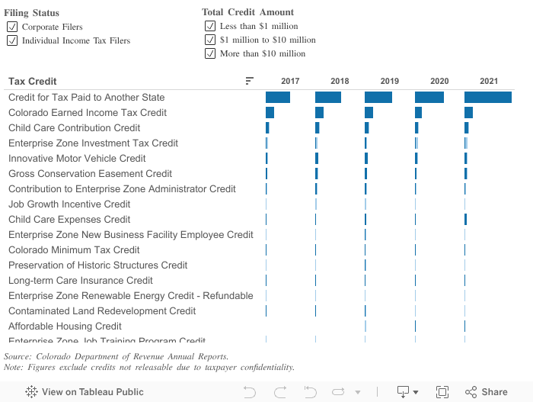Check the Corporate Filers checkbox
(x=12, y=27)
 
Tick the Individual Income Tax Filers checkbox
(x=12, y=40)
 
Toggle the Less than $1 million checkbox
(x=210, y=26)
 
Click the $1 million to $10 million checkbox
(x=210, y=40)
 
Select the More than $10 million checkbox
(x=210, y=53)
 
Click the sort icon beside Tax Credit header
(x=250, y=81)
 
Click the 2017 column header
(x=290, y=81)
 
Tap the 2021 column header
(x=489, y=81)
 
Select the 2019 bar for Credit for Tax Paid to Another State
(x=378, y=97)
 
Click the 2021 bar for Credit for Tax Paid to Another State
(x=488, y=97)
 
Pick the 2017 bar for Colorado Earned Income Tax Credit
(x=270, y=112)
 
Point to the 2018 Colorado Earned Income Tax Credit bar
(x=319, y=112)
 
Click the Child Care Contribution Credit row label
(x=75, y=127)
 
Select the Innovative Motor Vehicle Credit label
(x=77, y=158)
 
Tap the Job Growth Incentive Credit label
(x=69, y=204)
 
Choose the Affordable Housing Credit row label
(x=65, y=326)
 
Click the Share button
(x=486, y=392)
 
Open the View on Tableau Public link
(x=85, y=392)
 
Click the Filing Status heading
(x=31, y=13)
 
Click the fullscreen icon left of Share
(x=442, y=392)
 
